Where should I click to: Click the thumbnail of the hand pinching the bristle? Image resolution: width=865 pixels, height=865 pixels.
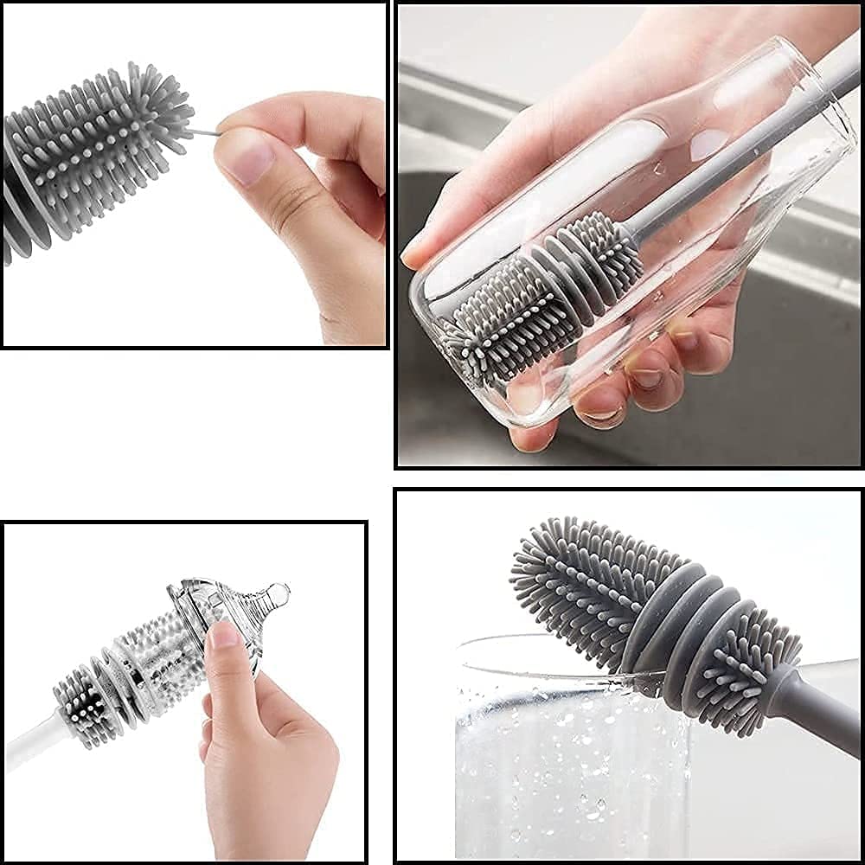point(244,159)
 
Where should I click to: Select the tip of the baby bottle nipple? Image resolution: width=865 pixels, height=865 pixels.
point(278,593)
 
